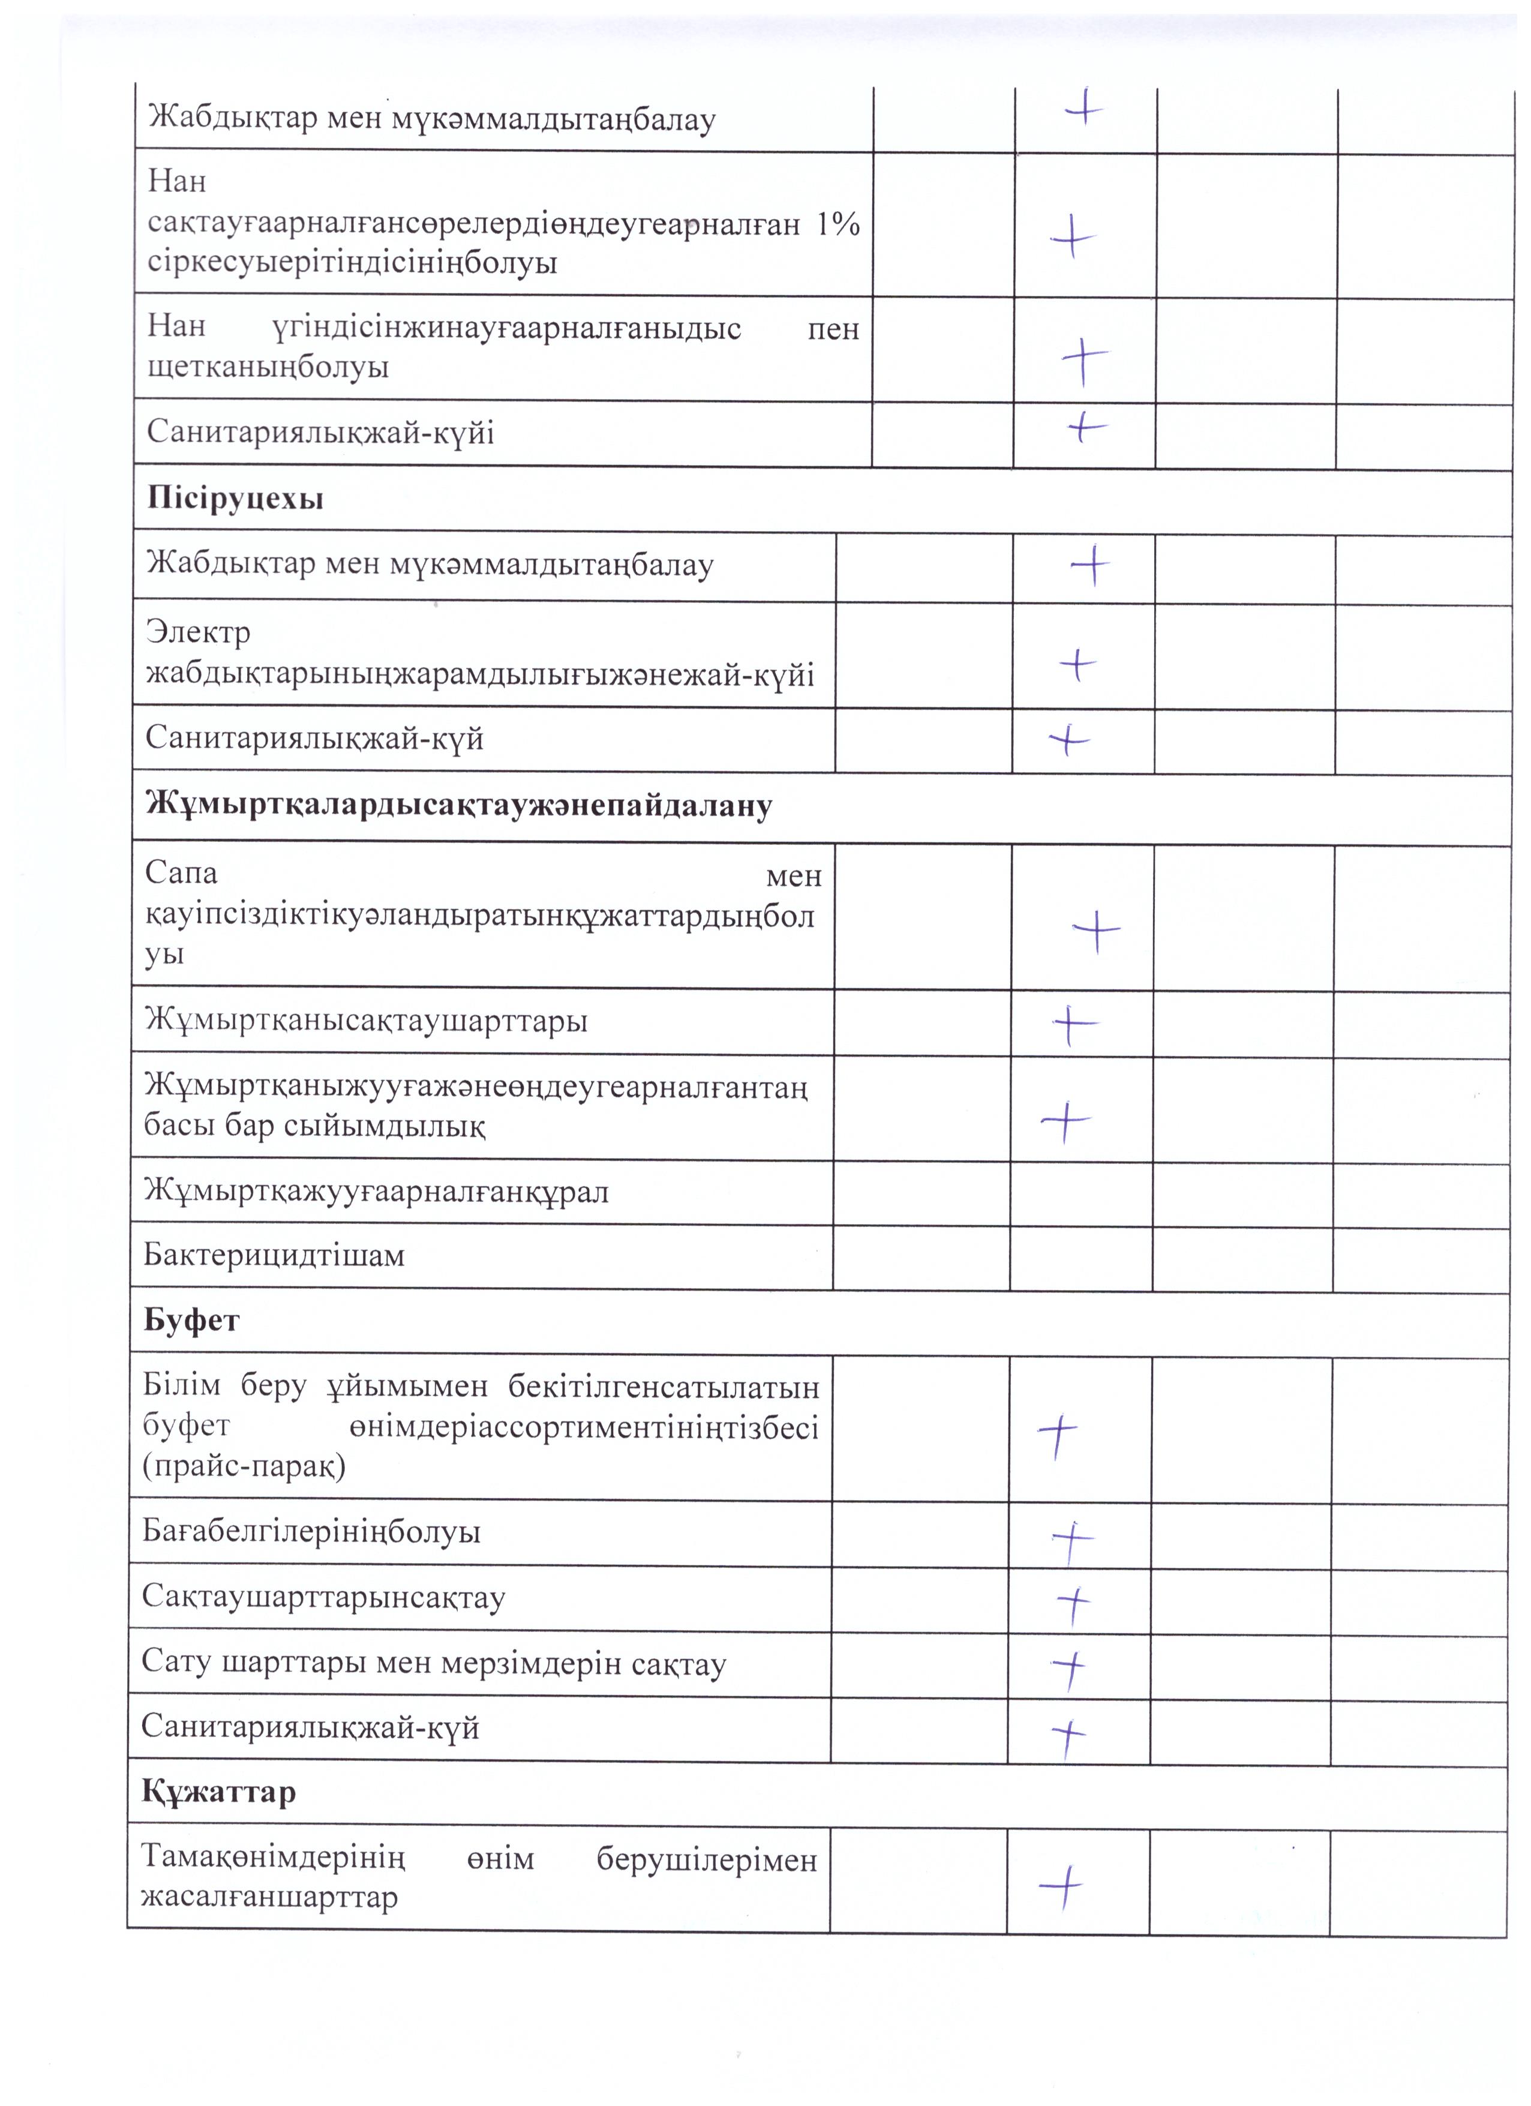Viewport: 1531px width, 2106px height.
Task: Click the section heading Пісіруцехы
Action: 235,499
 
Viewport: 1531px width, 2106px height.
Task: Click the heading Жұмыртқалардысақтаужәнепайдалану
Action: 459,805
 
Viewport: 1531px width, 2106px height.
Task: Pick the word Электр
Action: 198,632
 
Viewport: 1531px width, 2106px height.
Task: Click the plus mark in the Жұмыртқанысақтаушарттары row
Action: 1075,1024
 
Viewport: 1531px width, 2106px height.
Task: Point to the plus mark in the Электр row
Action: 1078,665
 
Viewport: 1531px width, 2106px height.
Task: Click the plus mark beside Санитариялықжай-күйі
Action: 1085,427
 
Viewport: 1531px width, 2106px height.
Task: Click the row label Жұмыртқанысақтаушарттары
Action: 366,1021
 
